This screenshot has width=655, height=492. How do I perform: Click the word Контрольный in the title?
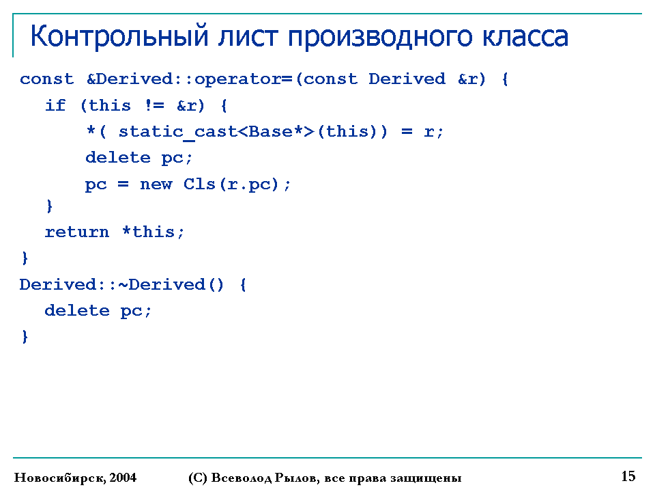[119, 37]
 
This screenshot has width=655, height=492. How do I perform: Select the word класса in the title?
[525, 36]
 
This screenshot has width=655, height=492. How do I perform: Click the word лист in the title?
[247, 36]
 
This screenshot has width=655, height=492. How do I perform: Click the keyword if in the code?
[55, 105]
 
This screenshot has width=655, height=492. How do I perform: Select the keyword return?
[77, 232]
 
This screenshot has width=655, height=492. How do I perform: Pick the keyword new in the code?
[156, 184]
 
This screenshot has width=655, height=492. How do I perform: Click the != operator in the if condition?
[155, 105]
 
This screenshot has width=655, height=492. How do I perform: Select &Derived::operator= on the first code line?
[189, 79]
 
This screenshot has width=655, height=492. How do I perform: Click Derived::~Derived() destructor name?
[121, 285]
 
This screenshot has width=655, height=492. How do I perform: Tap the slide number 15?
[628, 476]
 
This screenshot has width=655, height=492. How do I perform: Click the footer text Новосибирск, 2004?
[75, 478]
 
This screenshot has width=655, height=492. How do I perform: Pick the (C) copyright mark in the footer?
[198, 478]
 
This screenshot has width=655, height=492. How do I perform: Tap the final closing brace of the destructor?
[25, 336]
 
